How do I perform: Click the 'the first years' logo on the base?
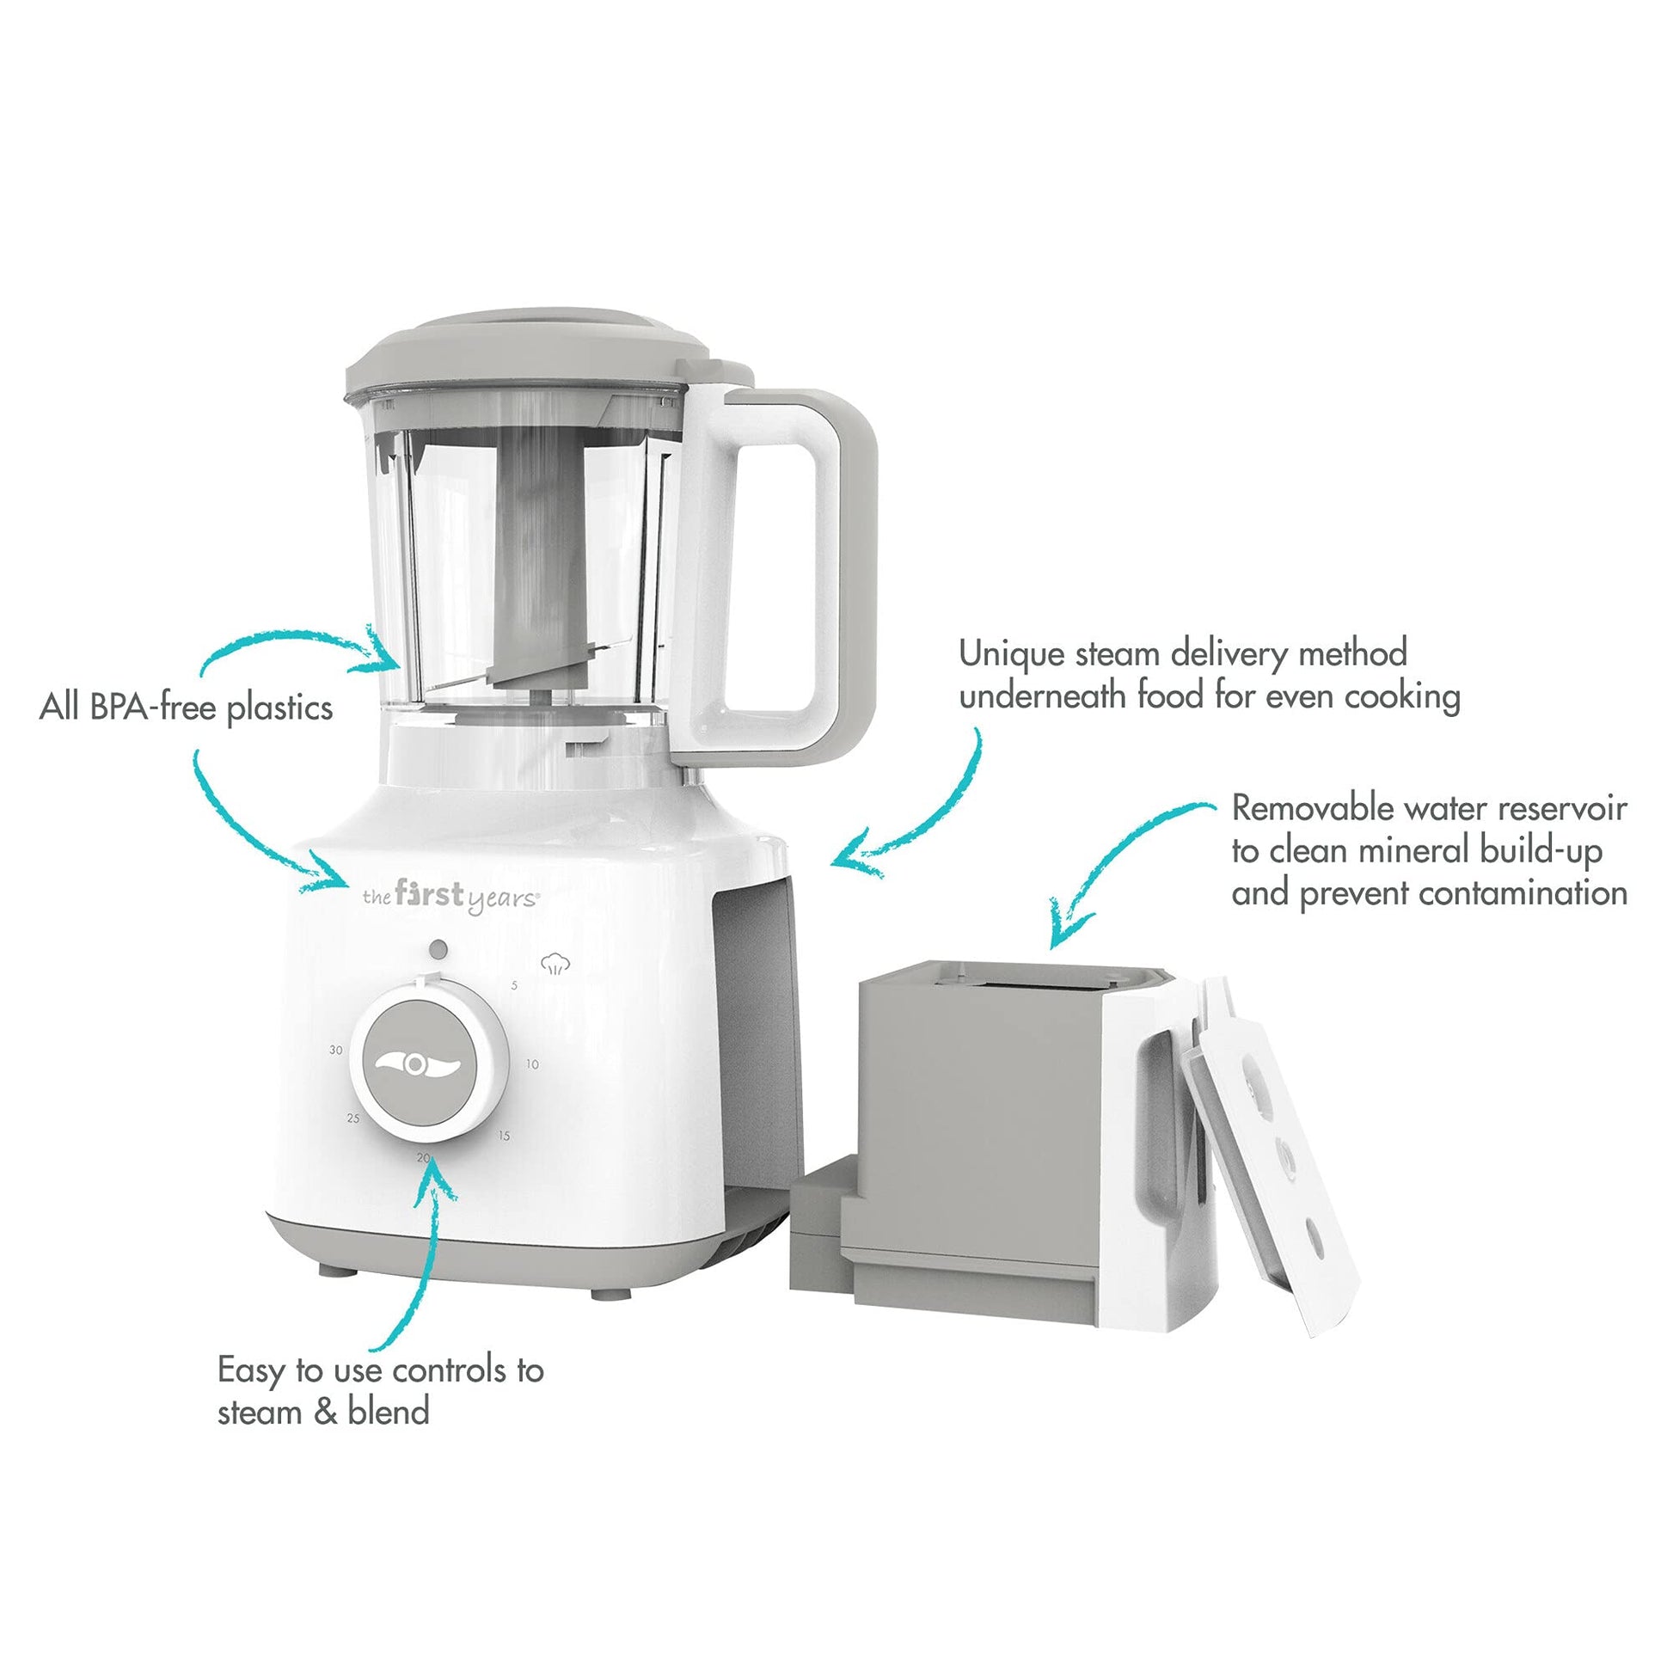(451, 896)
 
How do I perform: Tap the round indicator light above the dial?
(438, 949)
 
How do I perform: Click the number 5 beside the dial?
(514, 985)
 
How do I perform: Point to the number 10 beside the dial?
(531, 1064)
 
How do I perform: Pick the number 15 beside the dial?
(504, 1135)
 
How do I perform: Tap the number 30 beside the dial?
(336, 1051)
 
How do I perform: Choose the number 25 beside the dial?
(353, 1118)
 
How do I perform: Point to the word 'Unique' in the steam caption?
(1010, 654)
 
